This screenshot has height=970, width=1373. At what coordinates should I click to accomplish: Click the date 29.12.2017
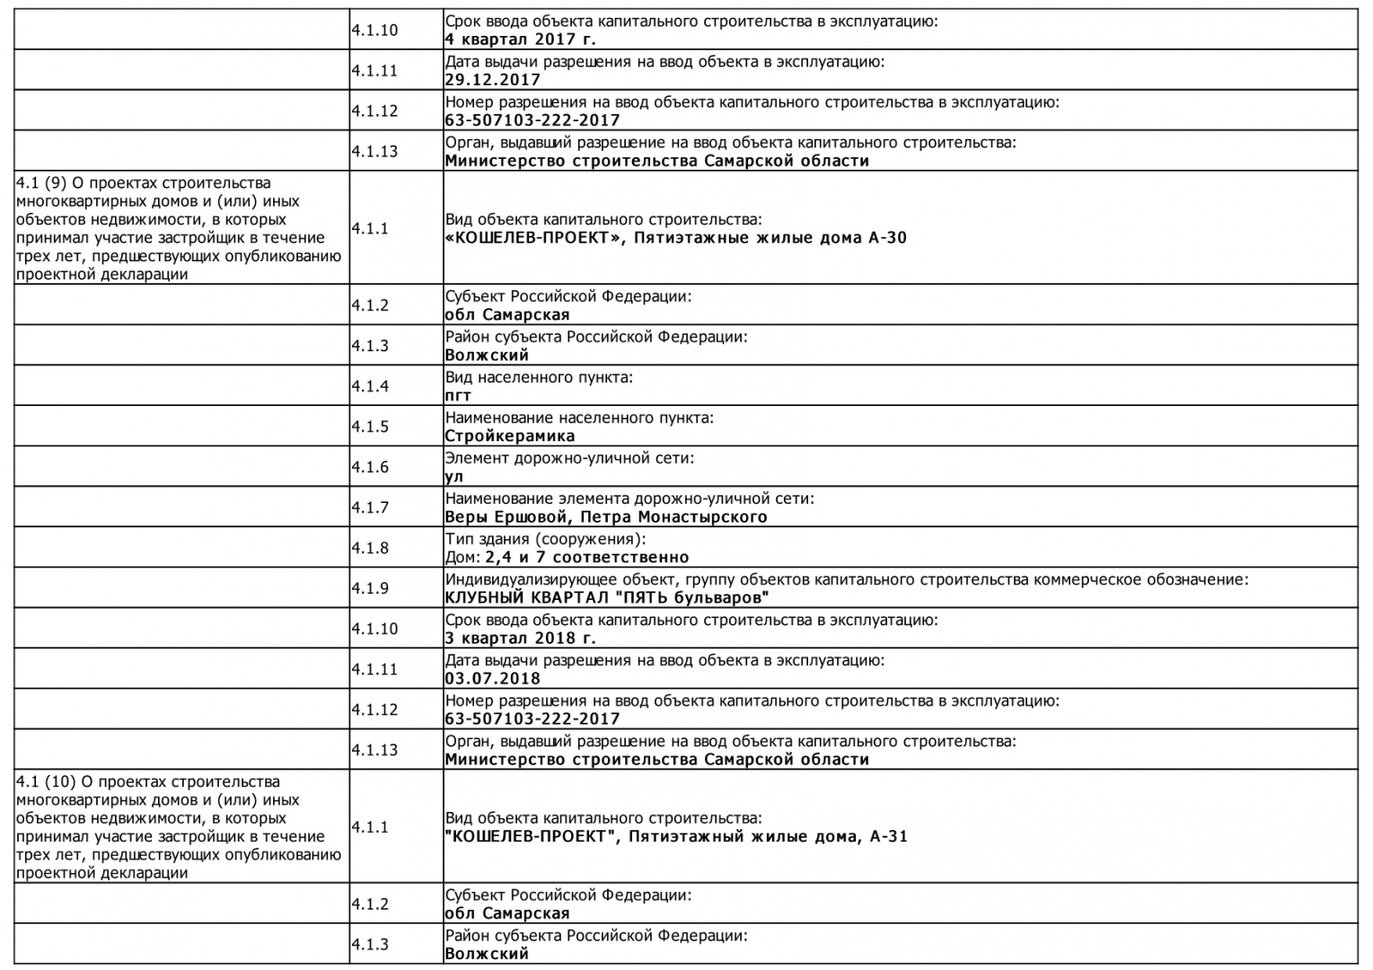point(492,80)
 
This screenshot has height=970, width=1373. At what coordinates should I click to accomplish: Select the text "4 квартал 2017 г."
point(520,40)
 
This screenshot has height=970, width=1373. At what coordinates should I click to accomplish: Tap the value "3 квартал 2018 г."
point(520,639)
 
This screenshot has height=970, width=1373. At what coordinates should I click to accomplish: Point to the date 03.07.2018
point(492,679)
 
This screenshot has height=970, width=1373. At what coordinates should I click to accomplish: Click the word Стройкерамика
point(509,436)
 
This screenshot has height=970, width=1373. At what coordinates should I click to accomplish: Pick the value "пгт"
point(458,396)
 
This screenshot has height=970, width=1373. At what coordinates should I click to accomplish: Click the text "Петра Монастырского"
point(673,517)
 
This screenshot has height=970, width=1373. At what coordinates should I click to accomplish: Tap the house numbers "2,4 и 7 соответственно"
point(587,558)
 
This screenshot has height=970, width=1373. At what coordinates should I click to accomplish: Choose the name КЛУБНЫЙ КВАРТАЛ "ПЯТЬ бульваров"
point(607,598)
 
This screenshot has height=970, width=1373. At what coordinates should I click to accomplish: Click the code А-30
point(887,238)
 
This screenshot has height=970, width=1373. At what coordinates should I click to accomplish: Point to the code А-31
point(889,837)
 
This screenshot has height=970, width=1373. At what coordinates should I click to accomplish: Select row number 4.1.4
point(370,386)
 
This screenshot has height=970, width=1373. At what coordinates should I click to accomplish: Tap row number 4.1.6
point(370,467)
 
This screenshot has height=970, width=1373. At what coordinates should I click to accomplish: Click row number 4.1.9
point(370,588)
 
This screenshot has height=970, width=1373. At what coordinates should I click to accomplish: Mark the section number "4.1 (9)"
point(40,183)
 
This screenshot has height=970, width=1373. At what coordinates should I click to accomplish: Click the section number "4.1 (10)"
point(44,782)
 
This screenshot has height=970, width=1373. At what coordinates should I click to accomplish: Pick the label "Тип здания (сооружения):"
point(545,539)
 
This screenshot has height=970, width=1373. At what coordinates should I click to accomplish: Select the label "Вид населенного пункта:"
point(539,377)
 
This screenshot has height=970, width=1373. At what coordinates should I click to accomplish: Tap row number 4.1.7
point(370,507)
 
